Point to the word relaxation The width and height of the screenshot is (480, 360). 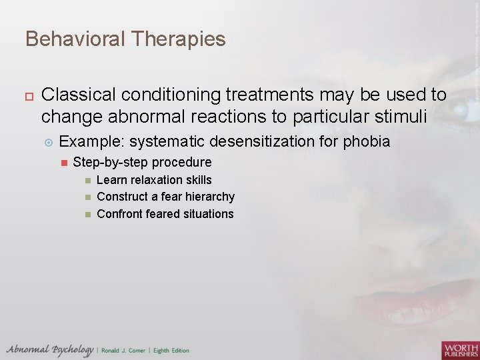(156, 180)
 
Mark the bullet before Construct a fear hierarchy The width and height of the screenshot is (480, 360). (87, 197)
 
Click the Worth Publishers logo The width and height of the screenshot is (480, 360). (459, 350)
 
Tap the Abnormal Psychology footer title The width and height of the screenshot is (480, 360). (50, 350)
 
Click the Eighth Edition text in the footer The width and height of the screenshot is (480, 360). (171, 351)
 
